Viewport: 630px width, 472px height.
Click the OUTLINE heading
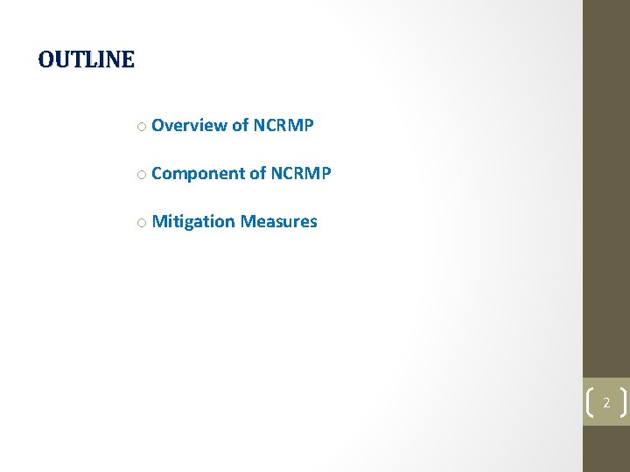(87, 59)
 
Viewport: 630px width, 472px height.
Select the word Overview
(189, 125)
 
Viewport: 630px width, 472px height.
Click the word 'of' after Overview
(240, 125)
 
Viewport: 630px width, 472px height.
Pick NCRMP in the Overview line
(283, 125)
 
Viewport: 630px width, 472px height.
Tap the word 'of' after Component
(258, 173)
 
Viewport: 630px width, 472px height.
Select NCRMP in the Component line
(301, 173)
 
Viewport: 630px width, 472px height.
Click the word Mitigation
(193, 222)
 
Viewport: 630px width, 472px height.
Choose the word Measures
(279, 221)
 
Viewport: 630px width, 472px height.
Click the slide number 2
(605, 403)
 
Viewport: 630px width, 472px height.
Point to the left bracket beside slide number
(588, 403)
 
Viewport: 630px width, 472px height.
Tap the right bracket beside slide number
(623, 403)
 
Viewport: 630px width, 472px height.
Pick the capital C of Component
(157, 173)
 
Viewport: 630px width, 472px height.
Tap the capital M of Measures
(248, 221)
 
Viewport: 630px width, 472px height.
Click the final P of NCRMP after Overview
(308, 125)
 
